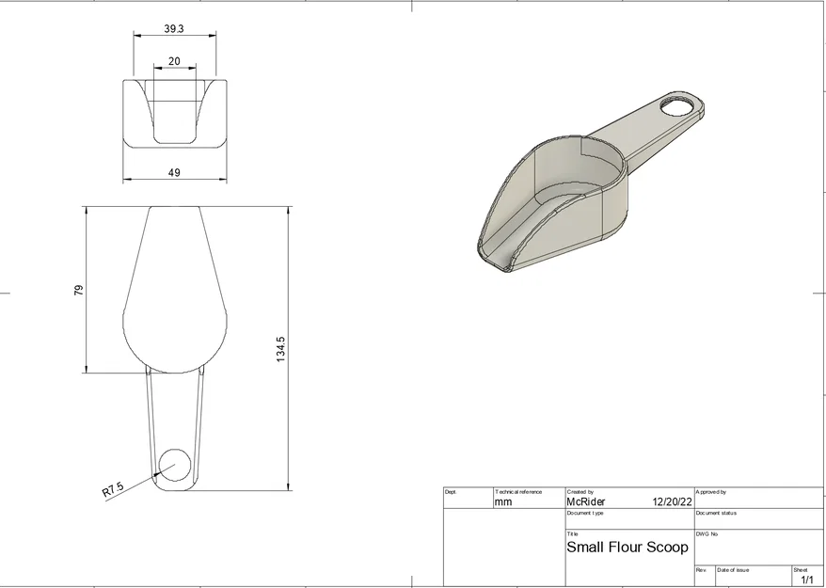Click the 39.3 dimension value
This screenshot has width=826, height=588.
(x=174, y=29)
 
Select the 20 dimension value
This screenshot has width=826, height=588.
(x=174, y=60)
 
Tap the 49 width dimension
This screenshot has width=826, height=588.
(x=174, y=172)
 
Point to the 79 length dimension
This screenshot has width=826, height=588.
(x=79, y=290)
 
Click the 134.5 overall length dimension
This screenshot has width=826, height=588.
(x=280, y=349)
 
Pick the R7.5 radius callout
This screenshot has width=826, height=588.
(x=113, y=489)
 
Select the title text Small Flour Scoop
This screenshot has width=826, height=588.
(x=627, y=547)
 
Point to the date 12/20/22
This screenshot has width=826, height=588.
(x=671, y=502)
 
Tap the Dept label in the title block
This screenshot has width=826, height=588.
(x=451, y=492)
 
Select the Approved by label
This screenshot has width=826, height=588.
(x=711, y=492)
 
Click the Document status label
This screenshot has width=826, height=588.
(x=716, y=513)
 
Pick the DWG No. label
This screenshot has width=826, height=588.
(x=707, y=533)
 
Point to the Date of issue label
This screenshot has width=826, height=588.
(x=733, y=570)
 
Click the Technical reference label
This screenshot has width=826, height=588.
(x=518, y=492)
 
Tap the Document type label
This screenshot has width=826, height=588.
(x=585, y=513)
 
